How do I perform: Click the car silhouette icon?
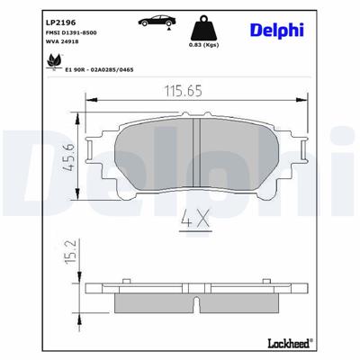(x=156, y=21)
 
